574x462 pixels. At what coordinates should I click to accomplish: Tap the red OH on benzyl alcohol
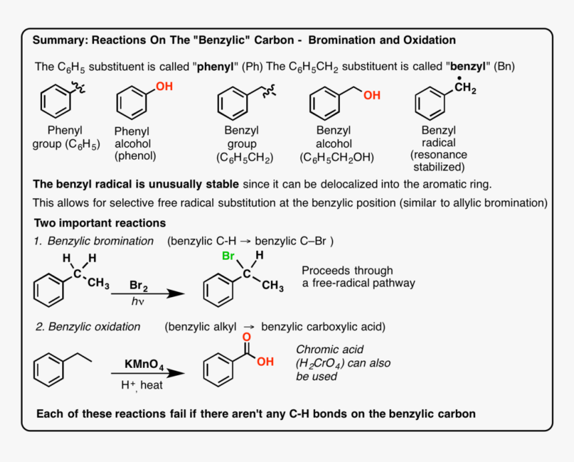tap(372, 95)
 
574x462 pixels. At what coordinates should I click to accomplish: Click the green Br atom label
tap(228, 256)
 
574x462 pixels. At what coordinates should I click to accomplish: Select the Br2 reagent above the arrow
tap(139, 285)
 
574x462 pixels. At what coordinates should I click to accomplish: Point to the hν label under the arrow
tap(137, 302)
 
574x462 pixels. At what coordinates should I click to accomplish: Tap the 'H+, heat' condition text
tap(141, 385)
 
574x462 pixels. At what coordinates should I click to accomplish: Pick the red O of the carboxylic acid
tap(246, 338)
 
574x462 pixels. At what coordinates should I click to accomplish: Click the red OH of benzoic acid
tap(265, 362)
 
